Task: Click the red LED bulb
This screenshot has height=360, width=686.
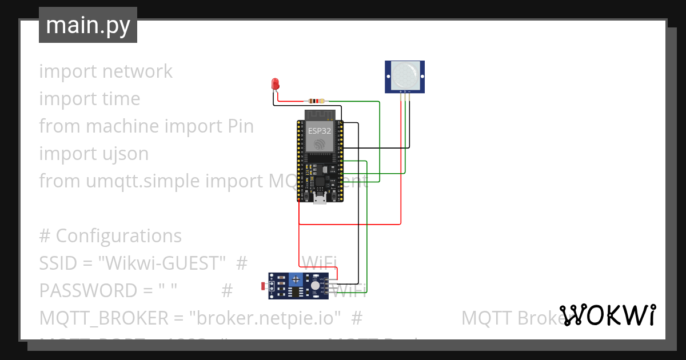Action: [x=275, y=83]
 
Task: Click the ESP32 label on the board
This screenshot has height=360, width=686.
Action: [x=320, y=131]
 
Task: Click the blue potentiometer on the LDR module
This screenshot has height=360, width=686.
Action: [x=296, y=281]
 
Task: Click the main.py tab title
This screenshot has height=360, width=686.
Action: [x=87, y=25]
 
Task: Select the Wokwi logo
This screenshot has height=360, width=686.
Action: [x=607, y=315]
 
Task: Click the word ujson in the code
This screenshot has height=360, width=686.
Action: [x=123, y=154]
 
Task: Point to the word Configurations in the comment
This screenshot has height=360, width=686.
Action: [x=119, y=236]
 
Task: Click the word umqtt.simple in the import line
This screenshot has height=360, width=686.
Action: [x=143, y=181]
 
